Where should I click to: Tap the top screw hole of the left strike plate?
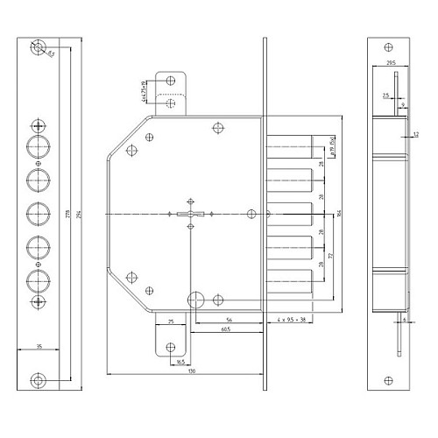[x=38, y=48]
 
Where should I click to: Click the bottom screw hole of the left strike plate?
[x=38, y=379]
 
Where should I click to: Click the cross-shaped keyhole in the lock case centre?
[x=189, y=214]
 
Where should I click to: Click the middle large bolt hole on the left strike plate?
[x=38, y=213]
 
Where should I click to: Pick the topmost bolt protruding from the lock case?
[x=288, y=144]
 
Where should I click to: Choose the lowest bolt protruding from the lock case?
[x=288, y=283]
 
